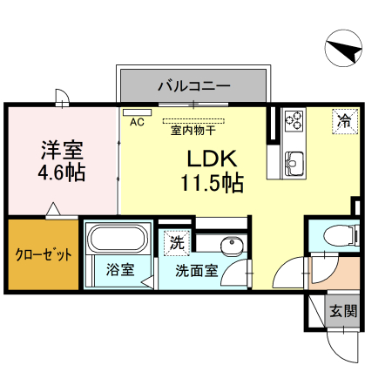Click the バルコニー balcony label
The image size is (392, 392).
[193, 86]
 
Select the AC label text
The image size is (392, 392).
[136, 123]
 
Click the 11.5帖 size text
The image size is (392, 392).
[212, 183]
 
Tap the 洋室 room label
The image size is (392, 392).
[61, 148]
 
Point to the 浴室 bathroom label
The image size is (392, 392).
[120, 269]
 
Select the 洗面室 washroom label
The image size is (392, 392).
[196, 270]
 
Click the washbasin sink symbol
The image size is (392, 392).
[231, 247]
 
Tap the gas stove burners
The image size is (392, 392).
[294, 118]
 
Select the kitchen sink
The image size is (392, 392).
[293, 160]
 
